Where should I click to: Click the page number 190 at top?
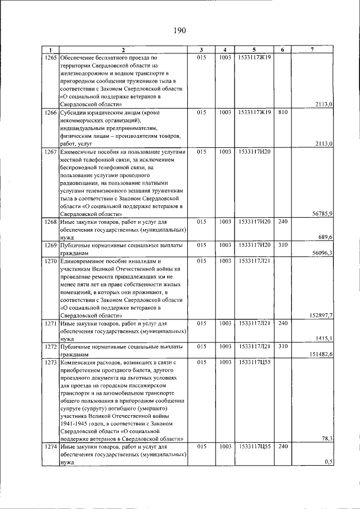[179, 30]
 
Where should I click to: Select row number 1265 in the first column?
[51, 58]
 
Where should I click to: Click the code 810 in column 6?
[283, 112]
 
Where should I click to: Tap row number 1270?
[51, 262]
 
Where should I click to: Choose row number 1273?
[51, 363]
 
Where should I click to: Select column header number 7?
[312, 50]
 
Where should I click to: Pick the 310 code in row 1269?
[283, 245]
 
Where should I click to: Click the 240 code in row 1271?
[283, 323]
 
